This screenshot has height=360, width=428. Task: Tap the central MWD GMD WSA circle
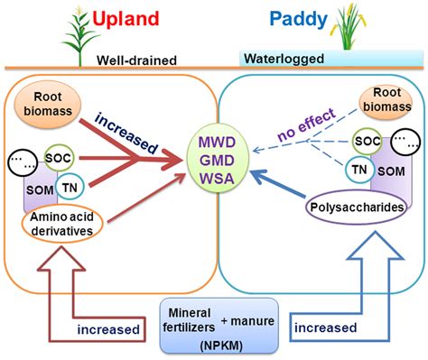[x=214, y=160]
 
